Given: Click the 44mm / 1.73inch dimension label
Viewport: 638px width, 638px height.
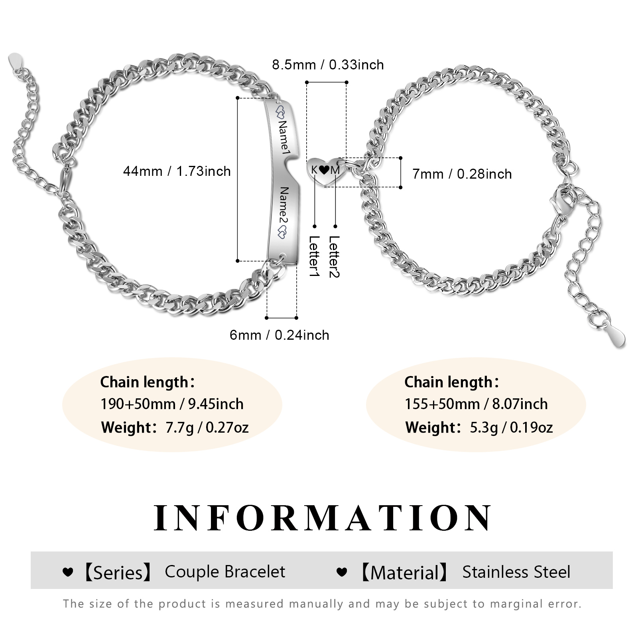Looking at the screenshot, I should [x=177, y=171].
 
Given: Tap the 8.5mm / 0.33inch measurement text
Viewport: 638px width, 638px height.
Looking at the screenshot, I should [x=328, y=65].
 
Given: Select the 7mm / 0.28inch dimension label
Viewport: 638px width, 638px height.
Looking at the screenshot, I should [x=462, y=174].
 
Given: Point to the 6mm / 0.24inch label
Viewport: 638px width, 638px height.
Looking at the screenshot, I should [x=279, y=335].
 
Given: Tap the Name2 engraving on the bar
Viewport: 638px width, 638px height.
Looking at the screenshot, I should [x=284, y=208].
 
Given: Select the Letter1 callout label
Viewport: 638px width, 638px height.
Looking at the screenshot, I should [x=314, y=256].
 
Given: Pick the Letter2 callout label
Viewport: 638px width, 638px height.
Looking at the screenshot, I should [x=334, y=256].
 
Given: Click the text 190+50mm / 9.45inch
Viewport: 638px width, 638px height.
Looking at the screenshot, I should [x=172, y=404].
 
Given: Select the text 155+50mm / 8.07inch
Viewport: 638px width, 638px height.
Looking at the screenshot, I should [x=476, y=404].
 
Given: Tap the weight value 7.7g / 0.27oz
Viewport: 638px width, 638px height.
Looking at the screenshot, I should [x=207, y=427].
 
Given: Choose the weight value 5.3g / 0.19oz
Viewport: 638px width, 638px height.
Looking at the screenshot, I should [x=511, y=427].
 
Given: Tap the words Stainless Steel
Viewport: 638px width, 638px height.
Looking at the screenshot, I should [x=516, y=572].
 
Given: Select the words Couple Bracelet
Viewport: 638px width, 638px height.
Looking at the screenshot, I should [x=225, y=572].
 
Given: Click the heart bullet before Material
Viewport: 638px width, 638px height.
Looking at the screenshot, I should [x=342, y=572].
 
